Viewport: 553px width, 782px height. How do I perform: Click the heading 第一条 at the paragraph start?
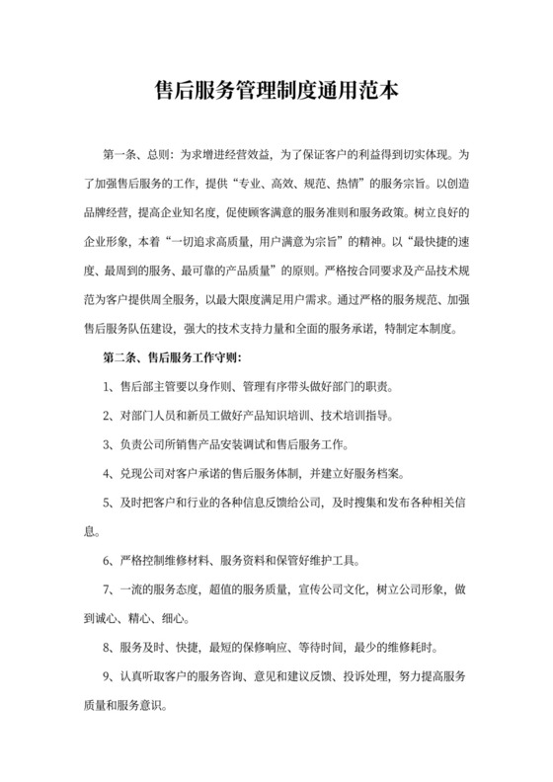click(119, 156)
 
